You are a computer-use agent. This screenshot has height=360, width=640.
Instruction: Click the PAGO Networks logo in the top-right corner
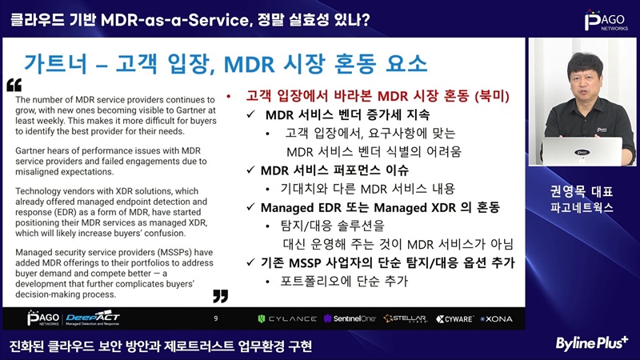click(606, 21)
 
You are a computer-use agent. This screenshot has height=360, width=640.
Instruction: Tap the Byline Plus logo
click(592, 343)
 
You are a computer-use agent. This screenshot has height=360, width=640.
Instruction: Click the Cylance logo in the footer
click(287, 318)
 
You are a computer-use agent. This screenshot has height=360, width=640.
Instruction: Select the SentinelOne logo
click(350, 318)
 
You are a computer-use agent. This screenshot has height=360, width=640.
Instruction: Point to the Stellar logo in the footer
click(406, 318)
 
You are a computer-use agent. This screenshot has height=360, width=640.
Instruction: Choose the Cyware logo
click(454, 318)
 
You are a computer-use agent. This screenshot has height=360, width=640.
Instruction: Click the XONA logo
click(496, 318)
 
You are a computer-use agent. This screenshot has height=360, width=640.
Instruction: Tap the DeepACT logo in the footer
click(93, 318)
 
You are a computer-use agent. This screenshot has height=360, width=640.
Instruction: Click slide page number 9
click(216, 318)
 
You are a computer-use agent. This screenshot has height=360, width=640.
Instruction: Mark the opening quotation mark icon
click(14, 85)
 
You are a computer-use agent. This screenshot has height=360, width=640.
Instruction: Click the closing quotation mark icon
click(221, 296)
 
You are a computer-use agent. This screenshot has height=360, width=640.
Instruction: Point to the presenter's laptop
click(582, 151)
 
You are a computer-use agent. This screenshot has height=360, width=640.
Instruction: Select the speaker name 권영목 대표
click(582, 191)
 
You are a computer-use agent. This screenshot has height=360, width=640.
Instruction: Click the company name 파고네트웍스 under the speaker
click(582, 208)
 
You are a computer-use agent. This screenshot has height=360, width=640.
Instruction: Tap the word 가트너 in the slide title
click(56, 63)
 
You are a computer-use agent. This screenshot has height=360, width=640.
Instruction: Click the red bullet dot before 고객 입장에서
click(229, 97)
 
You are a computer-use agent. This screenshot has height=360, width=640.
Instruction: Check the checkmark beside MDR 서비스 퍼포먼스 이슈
click(250, 170)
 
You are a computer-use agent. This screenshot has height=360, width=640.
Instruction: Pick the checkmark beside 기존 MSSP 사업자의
click(250, 262)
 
